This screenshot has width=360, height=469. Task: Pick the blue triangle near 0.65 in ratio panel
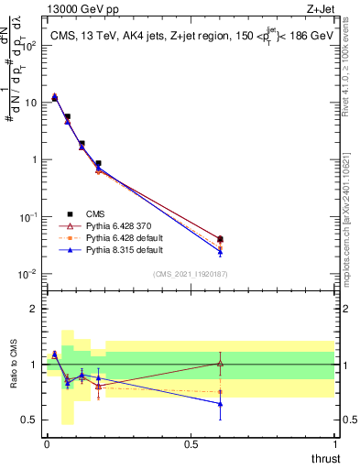point(220,403)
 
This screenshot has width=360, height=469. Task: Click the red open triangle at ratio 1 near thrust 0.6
point(220,364)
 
